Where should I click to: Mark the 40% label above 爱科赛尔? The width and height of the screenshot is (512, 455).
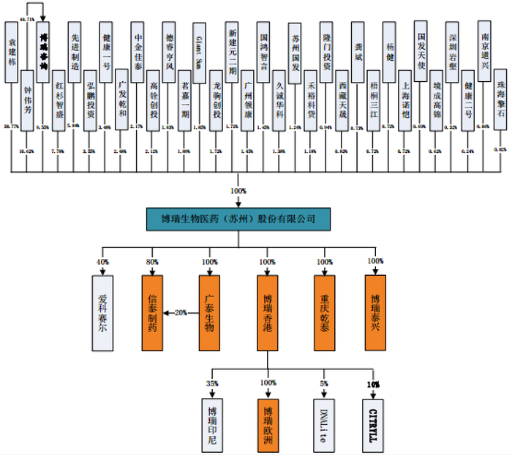104,261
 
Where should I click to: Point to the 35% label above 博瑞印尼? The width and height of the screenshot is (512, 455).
212,383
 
